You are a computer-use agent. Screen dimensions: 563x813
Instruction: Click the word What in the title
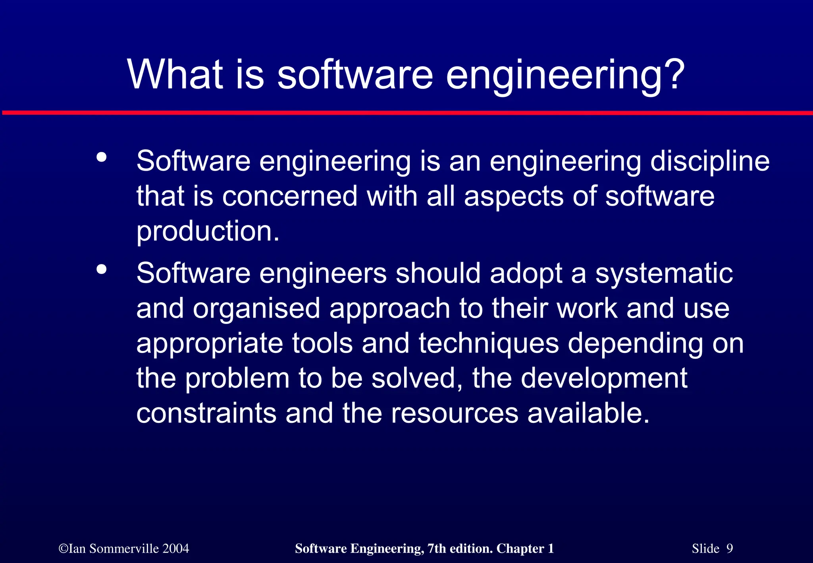tap(175, 74)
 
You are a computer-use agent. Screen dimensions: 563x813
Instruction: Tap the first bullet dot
tap(102, 157)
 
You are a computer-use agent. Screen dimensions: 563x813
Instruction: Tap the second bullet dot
tap(102, 270)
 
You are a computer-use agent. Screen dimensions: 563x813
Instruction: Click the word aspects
tap(514, 197)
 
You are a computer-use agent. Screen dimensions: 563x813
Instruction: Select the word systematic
tap(664, 274)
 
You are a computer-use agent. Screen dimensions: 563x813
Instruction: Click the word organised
tap(256, 309)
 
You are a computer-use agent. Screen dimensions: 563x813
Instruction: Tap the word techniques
tap(488, 343)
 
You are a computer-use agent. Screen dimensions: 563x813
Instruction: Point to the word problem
tap(237, 378)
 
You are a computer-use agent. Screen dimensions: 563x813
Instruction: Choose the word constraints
tap(206, 413)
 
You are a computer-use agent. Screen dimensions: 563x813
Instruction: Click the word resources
tap(455, 413)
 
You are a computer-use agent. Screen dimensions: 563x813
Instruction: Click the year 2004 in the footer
tap(176, 549)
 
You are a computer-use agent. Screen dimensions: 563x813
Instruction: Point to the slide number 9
tap(730, 549)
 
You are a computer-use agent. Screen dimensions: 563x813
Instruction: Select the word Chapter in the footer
tap(520, 549)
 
